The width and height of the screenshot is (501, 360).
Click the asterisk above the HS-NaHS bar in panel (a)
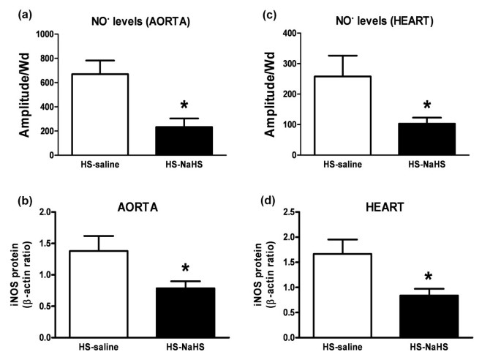[184, 105]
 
